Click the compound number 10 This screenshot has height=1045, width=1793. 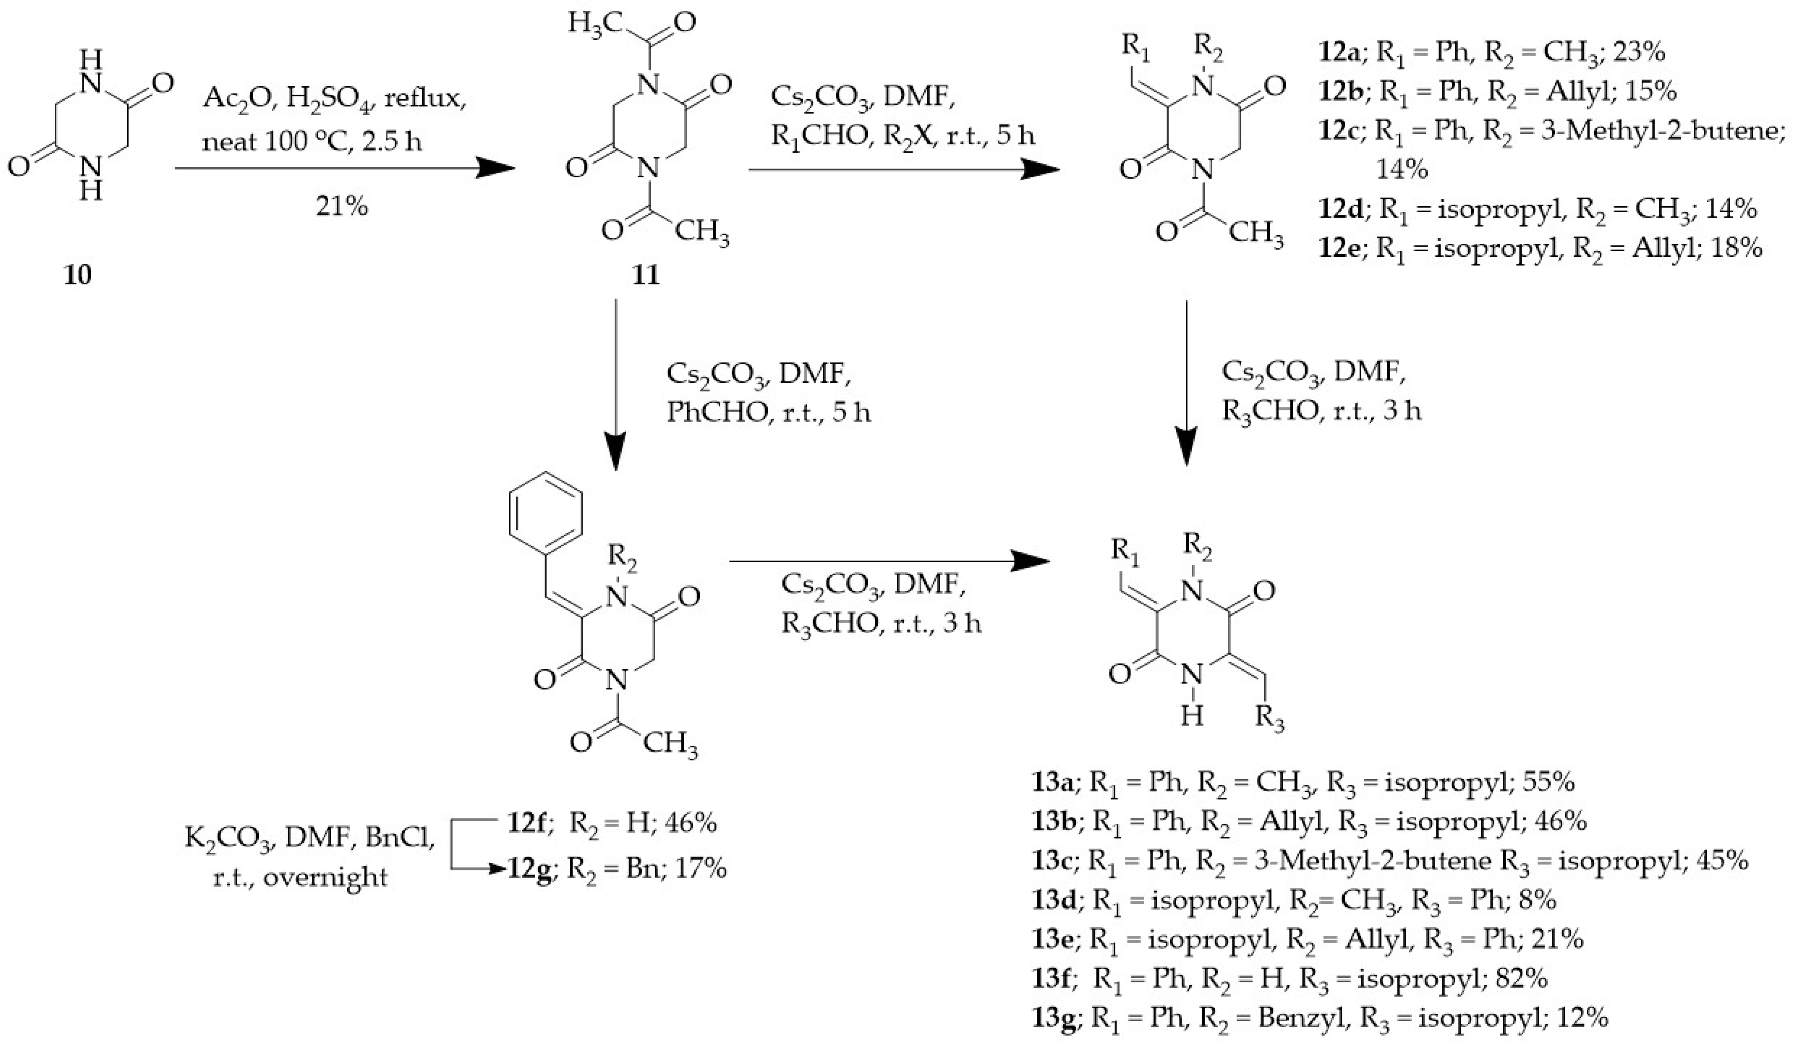(78, 275)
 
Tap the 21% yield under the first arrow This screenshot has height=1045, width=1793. (342, 207)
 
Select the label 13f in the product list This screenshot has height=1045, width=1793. (1052, 979)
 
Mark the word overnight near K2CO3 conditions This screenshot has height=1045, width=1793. (326, 877)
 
